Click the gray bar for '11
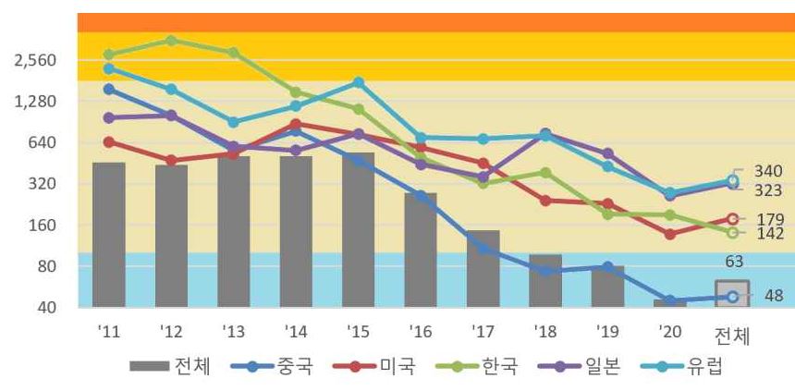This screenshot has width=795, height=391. click(x=109, y=235)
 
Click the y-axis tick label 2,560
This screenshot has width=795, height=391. click(x=37, y=61)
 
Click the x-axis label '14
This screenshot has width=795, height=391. click(x=296, y=332)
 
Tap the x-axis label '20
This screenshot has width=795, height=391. click(x=670, y=332)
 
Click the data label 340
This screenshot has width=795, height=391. click(x=769, y=171)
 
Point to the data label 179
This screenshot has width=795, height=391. click(x=769, y=220)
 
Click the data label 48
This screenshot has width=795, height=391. click(x=774, y=297)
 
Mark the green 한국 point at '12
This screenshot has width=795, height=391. click(x=171, y=41)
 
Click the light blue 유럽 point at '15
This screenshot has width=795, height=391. click(x=359, y=82)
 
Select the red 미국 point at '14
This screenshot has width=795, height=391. click(x=295, y=124)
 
